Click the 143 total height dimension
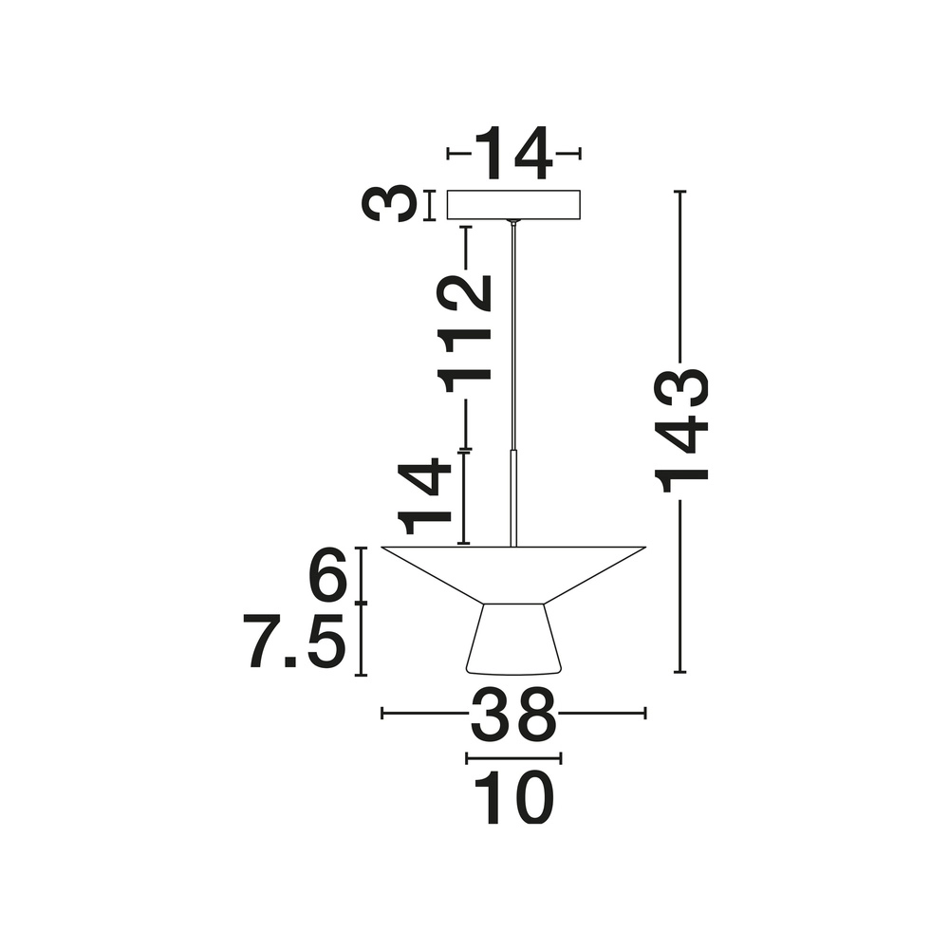pos(681,431)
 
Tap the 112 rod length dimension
pos(465,334)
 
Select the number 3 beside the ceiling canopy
pos(389,205)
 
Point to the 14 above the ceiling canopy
pos(513,154)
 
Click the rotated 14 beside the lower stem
pos(424,497)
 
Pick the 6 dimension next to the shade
pos(327,576)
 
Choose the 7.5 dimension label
pos(295,641)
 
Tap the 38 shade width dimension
pos(513,715)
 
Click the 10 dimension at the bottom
pos(513,798)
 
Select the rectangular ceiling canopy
pos(513,205)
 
